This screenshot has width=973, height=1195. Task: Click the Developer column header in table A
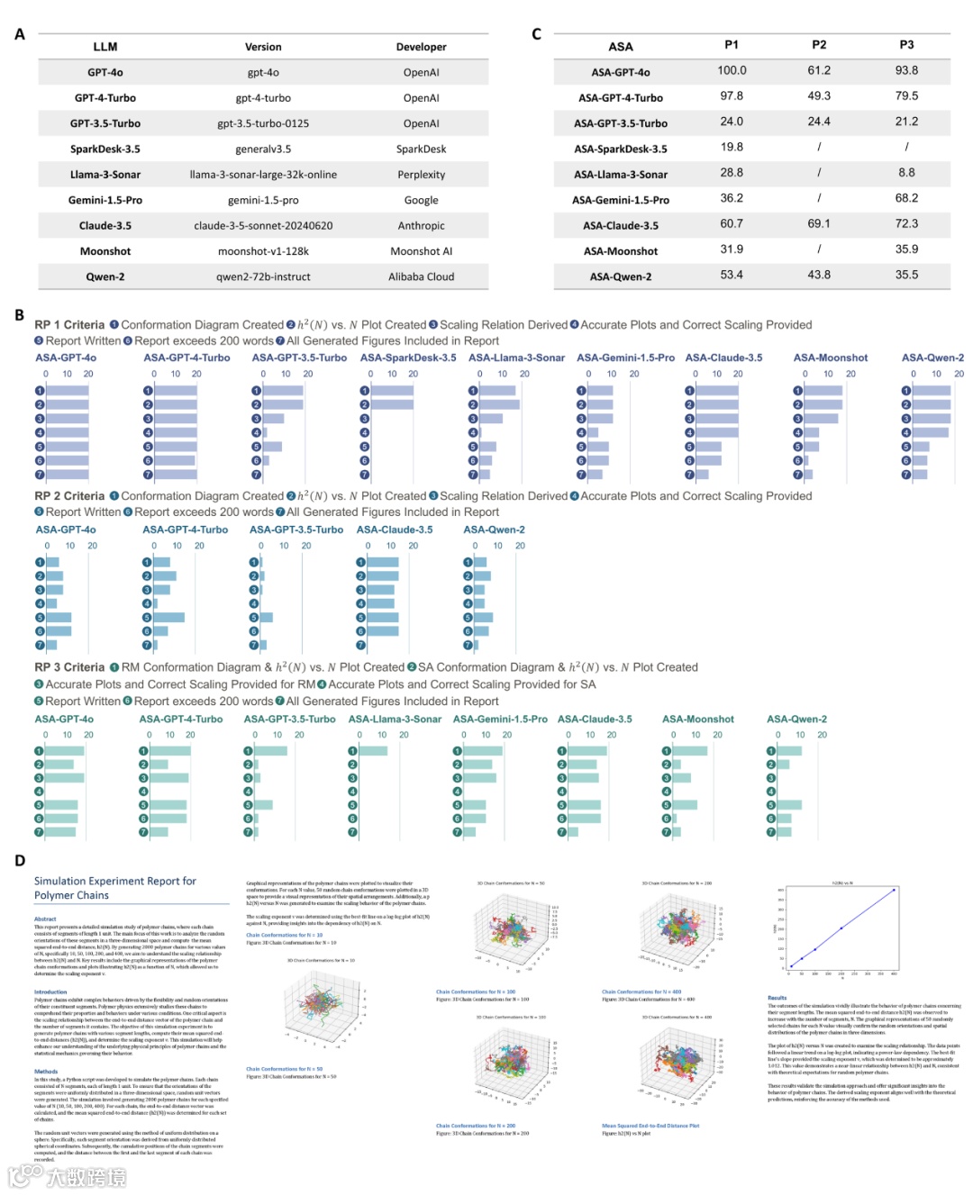(421, 47)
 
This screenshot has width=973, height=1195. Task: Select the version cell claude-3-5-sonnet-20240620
(263, 226)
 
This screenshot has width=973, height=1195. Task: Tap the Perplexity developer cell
(421, 175)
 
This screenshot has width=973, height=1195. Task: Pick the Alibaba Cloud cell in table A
(421, 277)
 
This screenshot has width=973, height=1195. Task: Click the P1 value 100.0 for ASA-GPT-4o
(732, 70)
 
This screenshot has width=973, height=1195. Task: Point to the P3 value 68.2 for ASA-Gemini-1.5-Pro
(906, 198)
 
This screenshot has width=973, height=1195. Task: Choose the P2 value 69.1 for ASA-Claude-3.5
(819, 223)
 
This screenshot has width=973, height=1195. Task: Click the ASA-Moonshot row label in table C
(621, 251)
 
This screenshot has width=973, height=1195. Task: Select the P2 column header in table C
(819, 44)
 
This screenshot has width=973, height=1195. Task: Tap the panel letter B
(19, 315)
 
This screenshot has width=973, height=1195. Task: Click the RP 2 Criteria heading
(69, 496)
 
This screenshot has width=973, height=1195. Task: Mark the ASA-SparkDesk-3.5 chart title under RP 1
(408, 358)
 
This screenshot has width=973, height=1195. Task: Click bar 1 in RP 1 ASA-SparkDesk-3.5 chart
(392, 391)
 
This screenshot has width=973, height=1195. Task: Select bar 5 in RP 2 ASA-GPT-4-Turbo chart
(169, 618)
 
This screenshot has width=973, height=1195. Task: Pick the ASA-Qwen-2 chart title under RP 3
(796, 720)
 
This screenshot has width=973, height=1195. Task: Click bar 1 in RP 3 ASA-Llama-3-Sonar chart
(374, 751)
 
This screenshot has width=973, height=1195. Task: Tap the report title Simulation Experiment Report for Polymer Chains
(114, 888)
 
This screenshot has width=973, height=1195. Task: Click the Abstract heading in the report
(45, 919)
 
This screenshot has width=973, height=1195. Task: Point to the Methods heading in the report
(46, 1072)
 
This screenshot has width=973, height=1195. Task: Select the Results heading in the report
(777, 998)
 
